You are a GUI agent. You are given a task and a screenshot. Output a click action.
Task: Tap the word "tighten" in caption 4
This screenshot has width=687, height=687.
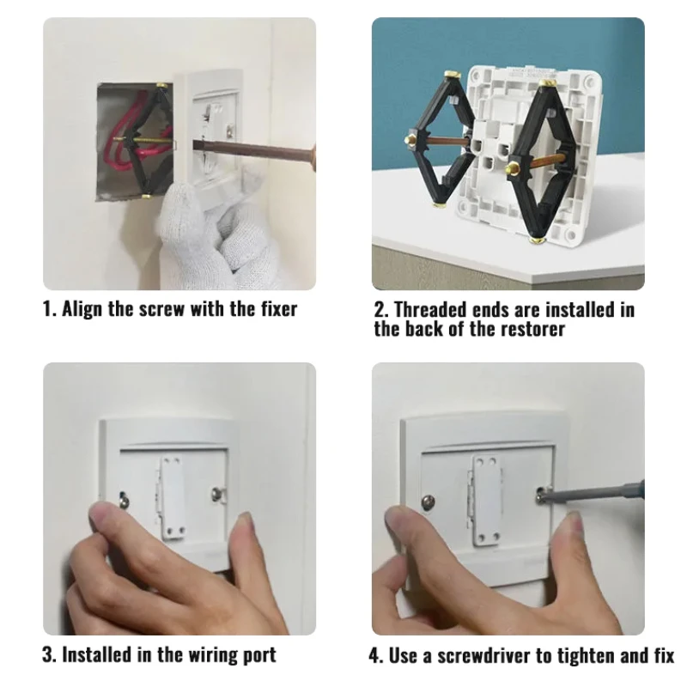[x=582, y=655]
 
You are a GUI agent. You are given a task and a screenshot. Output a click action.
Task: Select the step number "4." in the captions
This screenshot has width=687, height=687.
[x=377, y=655]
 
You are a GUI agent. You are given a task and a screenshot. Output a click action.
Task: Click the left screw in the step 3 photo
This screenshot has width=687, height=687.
[x=125, y=496]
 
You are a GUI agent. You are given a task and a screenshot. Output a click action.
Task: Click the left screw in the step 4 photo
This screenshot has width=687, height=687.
[x=427, y=501]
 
